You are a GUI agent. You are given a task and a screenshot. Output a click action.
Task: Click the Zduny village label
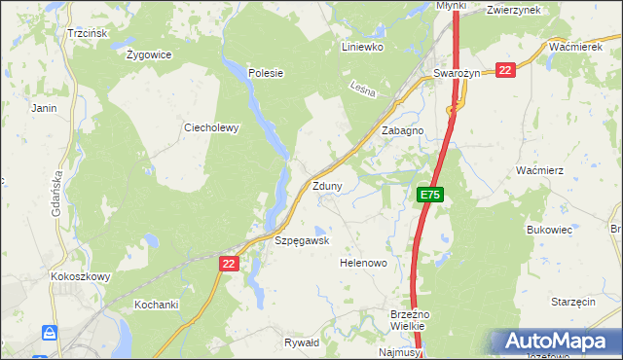pyautogui.click(x=326, y=186)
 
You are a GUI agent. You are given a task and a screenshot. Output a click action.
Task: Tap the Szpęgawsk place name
pyautogui.click(x=303, y=240)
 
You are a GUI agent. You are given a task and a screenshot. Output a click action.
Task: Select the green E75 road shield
pyautogui.click(x=431, y=196)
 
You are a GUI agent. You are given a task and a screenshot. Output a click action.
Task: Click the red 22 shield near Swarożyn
pyautogui.click(x=505, y=70)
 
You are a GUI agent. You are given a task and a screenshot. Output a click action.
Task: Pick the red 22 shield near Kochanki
pyautogui.click(x=229, y=264)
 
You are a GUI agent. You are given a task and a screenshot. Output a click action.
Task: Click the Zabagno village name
pyautogui.click(x=402, y=130)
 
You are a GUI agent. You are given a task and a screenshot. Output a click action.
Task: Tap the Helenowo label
pyautogui.click(x=363, y=264)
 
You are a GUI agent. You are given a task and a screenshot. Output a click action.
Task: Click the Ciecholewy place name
pyautogui.click(x=211, y=127)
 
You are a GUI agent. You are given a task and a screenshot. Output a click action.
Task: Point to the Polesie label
pyautogui.click(x=265, y=73)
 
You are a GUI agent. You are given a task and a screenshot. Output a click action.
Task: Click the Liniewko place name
pyautogui.click(x=363, y=47)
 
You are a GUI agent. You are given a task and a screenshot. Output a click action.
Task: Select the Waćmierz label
pyautogui.click(x=540, y=170)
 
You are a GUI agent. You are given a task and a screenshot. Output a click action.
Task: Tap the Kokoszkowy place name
pyautogui.click(x=81, y=276)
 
